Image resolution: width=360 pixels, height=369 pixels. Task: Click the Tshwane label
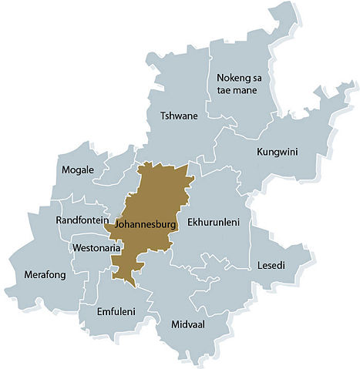point(178,116)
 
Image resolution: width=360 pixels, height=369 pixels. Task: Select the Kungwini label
point(277,152)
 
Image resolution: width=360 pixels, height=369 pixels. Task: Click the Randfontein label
point(82,221)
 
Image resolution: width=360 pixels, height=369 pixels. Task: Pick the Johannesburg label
point(146,224)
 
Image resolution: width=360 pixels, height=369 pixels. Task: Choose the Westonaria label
point(95,248)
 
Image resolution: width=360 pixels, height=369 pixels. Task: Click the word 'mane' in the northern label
point(257,91)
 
